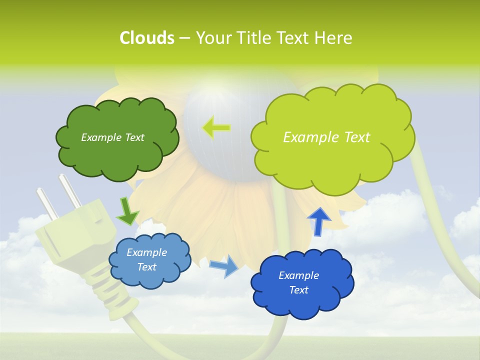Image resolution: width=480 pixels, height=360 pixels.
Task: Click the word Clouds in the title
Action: click(147, 38)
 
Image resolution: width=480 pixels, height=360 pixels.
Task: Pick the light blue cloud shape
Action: click(149, 260)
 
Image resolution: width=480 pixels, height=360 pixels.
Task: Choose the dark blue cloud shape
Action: click(301, 283)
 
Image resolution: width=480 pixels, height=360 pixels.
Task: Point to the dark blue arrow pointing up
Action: click(318, 221)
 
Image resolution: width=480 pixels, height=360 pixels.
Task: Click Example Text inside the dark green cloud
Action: click(112, 137)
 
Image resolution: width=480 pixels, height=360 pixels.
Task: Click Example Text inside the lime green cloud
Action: click(326, 137)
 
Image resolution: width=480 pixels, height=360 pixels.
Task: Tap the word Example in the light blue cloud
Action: click(146, 252)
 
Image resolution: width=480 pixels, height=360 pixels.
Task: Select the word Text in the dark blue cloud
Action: click(298, 290)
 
